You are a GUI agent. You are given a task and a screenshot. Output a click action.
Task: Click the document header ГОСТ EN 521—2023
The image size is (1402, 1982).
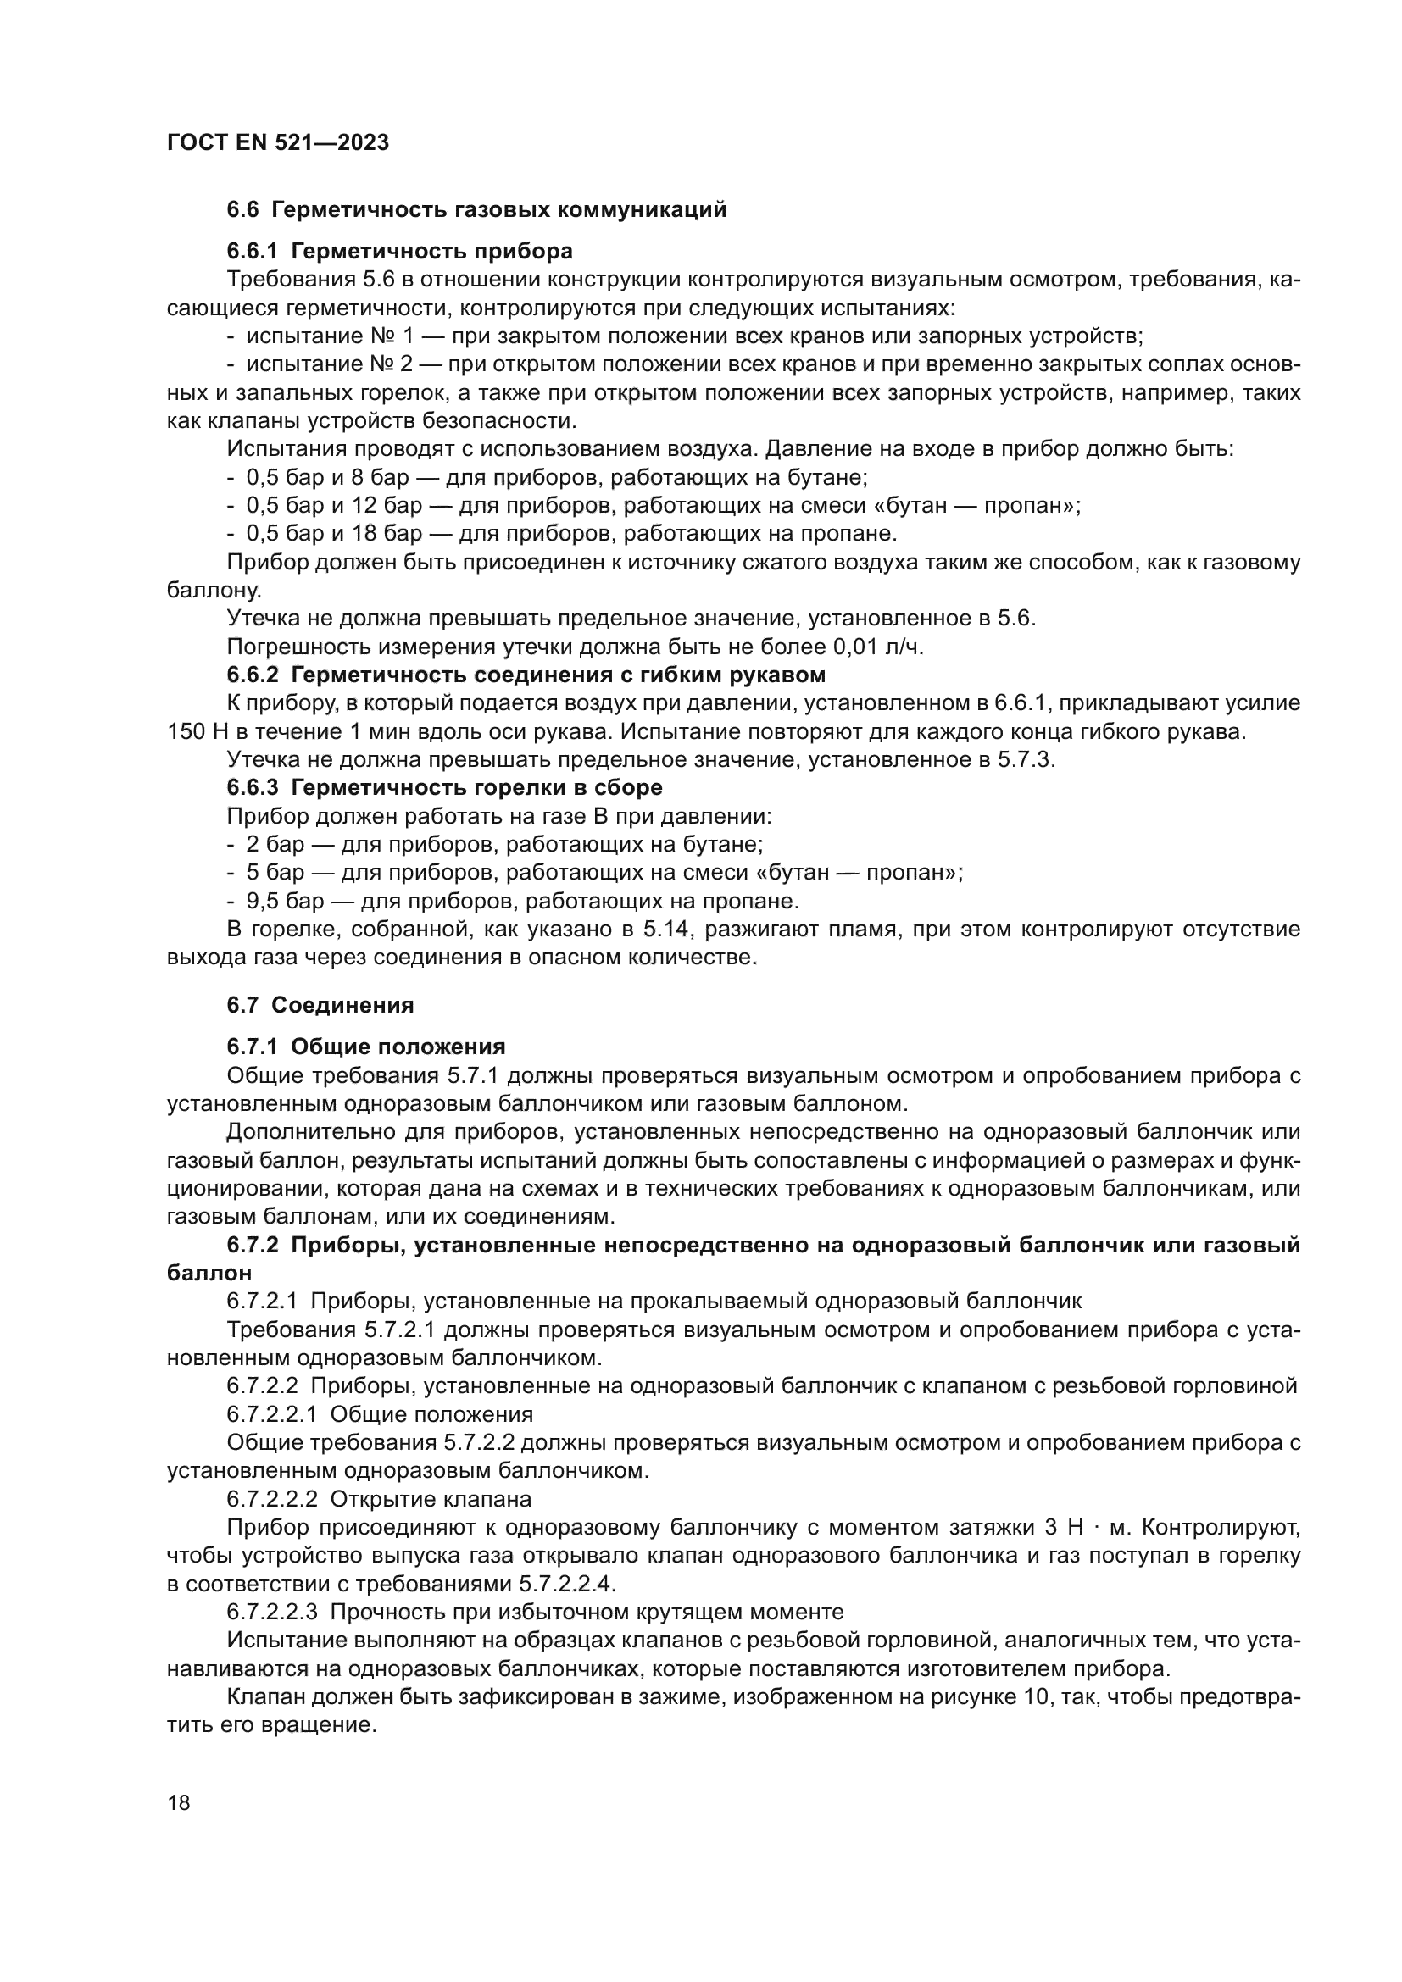click(x=277, y=142)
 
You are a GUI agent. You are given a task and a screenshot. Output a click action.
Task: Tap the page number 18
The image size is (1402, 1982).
click(x=179, y=1802)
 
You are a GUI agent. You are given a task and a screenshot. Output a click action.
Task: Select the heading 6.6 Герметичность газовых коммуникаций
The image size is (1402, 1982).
click(x=476, y=210)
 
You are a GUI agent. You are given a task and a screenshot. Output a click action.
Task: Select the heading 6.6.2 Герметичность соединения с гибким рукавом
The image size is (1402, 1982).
click(x=526, y=675)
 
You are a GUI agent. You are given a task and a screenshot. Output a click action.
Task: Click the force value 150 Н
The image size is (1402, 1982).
click(x=197, y=732)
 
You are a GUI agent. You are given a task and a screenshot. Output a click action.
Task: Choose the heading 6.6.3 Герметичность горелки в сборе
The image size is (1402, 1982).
click(x=445, y=787)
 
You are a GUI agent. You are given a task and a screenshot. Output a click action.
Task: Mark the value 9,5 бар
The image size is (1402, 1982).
click(x=285, y=902)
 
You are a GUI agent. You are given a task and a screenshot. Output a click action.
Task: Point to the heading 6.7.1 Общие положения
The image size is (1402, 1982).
click(x=366, y=1047)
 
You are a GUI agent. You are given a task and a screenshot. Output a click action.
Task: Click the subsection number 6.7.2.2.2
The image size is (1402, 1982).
click(x=272, y=1499)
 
